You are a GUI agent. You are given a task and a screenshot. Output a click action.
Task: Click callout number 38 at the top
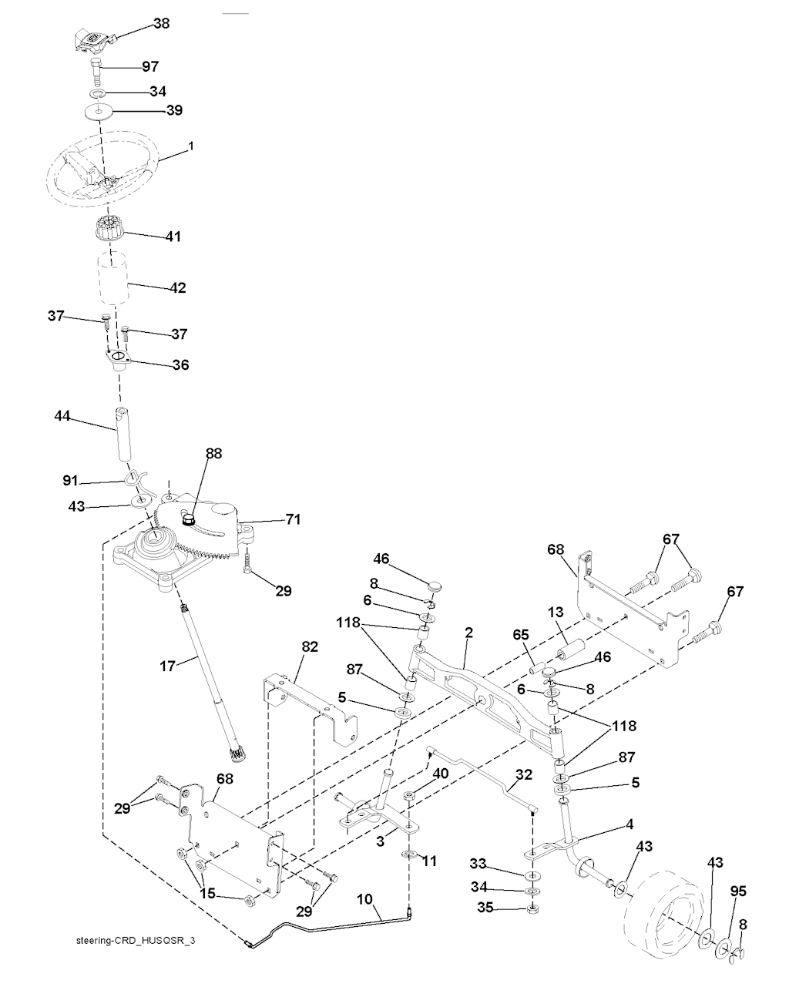(x=161, y=24)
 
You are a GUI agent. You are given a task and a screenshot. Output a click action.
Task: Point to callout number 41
(x=173, y=237)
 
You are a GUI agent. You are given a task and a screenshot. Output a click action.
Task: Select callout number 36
(x=180, y=364)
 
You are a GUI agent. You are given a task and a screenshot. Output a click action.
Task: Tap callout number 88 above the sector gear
(x=213, y=454)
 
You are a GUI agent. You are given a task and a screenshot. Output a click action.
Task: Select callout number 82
(x=309, y=647)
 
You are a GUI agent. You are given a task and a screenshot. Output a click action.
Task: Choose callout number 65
(x=521, y=636)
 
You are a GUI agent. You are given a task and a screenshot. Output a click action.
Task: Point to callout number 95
(x=738, y=891)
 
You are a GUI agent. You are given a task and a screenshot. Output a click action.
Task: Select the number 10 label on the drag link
(x=364, y=898)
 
